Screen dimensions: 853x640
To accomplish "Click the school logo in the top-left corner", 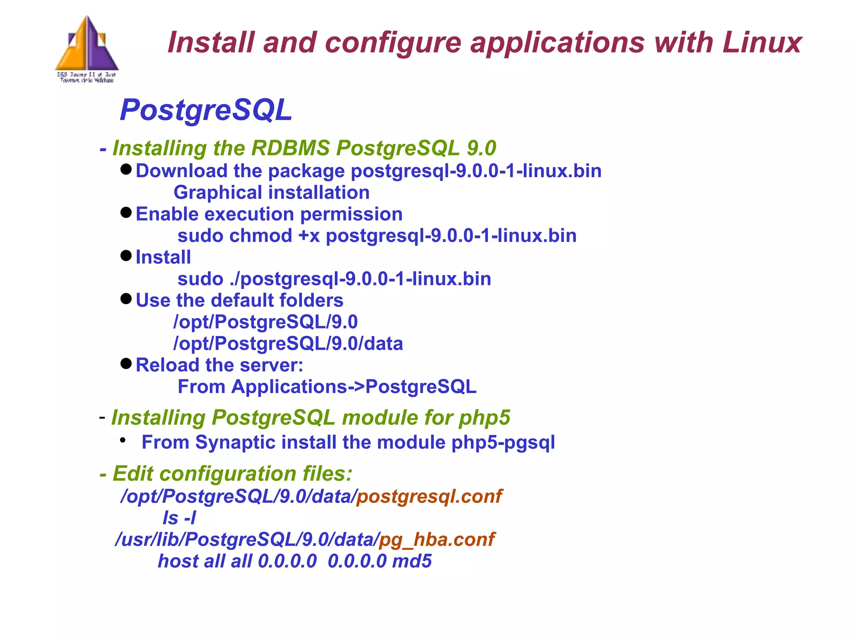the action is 87,48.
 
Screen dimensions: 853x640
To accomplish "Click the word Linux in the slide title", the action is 761,43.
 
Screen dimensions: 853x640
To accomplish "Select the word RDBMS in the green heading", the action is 290,148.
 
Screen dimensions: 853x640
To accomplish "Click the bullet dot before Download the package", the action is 126,169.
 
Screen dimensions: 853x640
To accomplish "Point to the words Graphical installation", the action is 272,193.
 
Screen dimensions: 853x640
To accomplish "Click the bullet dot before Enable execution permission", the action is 126,213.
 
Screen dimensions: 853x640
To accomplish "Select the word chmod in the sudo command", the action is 261,236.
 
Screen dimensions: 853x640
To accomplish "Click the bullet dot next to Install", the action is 126,256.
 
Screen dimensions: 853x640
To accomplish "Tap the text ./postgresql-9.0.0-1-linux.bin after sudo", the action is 360,279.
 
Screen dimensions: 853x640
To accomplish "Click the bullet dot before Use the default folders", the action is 126,299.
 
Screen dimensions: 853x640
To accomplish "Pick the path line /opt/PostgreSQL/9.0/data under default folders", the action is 288,344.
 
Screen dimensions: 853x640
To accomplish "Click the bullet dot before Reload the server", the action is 126,364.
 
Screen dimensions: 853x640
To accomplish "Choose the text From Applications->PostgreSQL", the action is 327,387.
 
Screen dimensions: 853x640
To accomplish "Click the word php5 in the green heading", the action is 484,418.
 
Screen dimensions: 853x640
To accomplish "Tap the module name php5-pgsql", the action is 503,442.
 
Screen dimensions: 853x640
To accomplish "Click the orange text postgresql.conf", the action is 429,496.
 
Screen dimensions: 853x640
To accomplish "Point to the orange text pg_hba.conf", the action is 436,540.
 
